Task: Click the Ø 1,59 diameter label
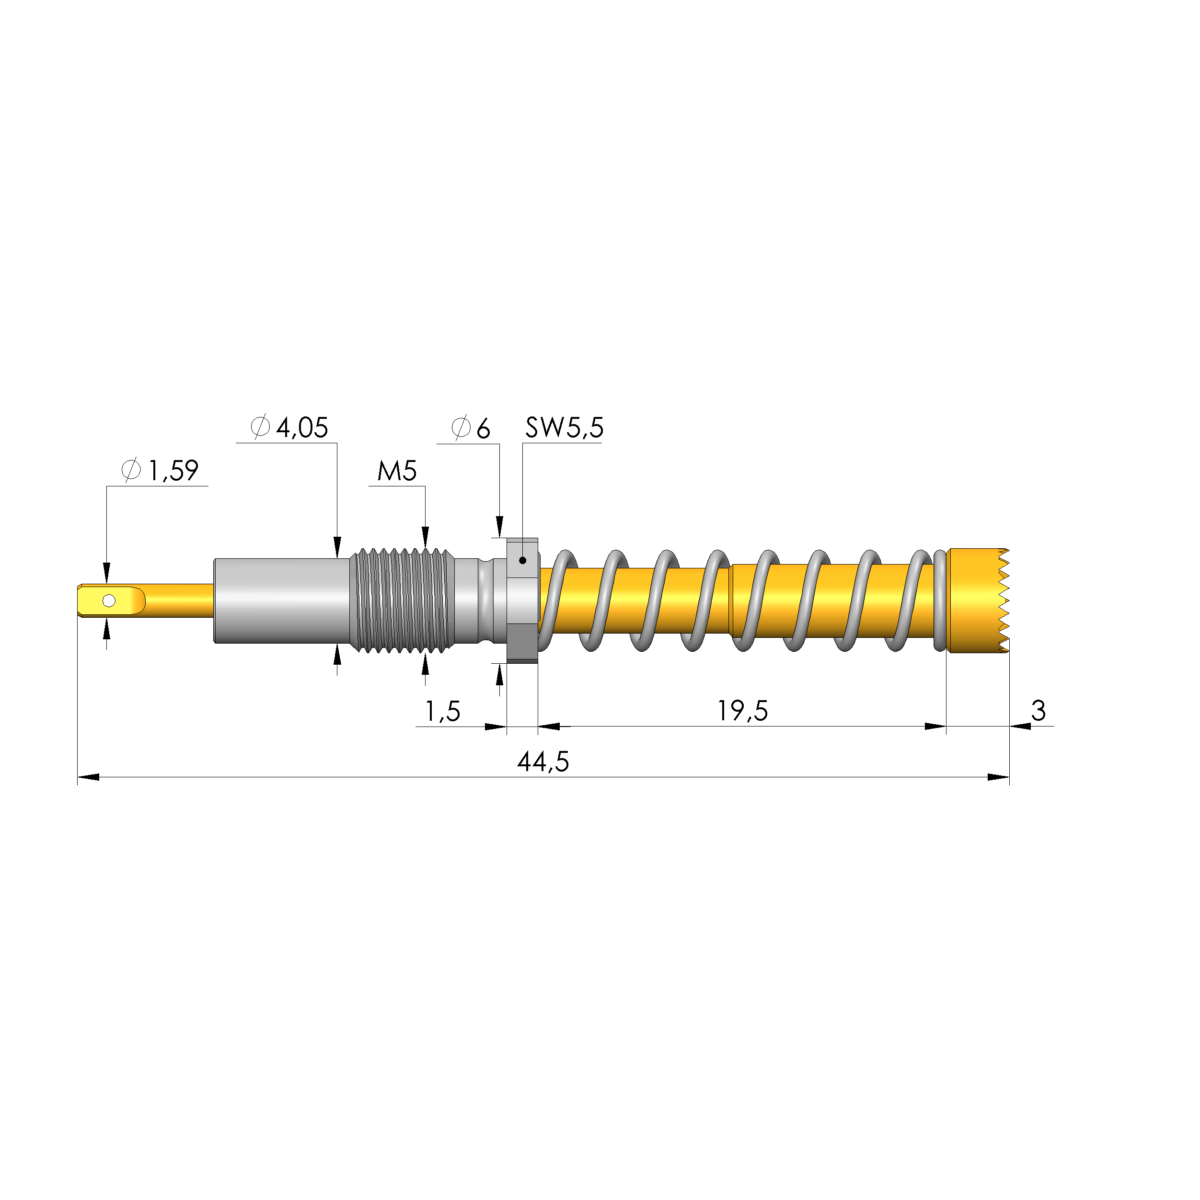160,470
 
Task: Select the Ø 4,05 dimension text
289,427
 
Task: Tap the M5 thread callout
397,471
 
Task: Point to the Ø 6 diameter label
470,428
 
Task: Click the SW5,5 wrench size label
564,427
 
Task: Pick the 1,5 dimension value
442,711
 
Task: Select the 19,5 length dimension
743,711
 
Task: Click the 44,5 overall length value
543,762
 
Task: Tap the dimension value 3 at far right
1038,711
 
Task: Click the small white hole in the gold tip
109,600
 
